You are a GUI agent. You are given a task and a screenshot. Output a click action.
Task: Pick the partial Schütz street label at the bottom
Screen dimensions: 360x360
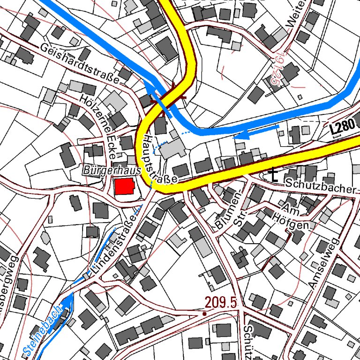pos(250,340)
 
